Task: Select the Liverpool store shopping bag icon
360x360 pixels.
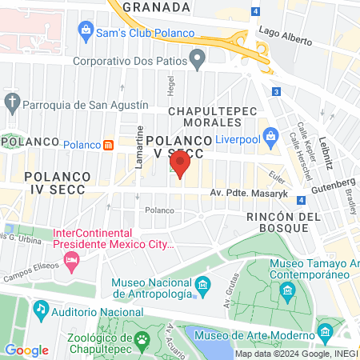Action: [271, 136]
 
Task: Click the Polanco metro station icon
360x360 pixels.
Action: [108, 145]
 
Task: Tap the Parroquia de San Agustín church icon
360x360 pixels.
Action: [11, 102]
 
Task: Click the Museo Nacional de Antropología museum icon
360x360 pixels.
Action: [203, 286]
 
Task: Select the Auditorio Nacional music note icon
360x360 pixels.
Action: [40, 308]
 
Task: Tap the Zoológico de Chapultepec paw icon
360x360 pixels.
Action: [142, 339]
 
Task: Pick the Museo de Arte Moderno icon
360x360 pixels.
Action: [325, 331]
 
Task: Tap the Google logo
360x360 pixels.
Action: [26, 350]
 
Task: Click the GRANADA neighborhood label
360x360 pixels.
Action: [158, 7]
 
